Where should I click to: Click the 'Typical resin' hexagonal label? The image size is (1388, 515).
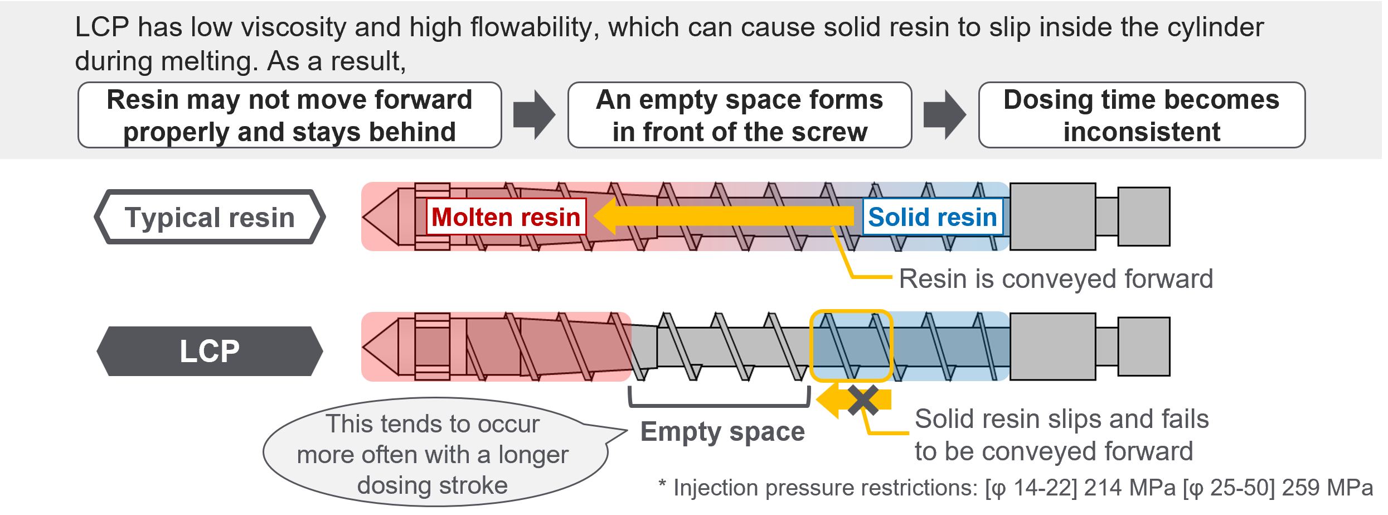coord(210,217)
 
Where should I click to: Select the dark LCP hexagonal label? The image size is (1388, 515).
coord(210,351)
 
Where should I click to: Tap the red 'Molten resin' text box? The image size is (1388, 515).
coord(506,217)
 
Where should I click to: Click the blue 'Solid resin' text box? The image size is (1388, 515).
coord(932,217)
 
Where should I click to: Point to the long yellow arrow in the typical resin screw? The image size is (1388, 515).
coord(725,216)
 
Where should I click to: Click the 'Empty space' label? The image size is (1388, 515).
coord(722,431)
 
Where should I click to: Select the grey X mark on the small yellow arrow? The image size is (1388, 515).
coord(862,400)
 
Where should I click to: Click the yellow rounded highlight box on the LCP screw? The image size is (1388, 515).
coord(851,346)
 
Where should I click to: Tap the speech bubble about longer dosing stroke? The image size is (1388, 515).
coord(433,454)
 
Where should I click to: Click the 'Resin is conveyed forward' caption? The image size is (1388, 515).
coord(1056,278)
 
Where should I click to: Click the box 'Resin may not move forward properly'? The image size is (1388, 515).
coord(289,115)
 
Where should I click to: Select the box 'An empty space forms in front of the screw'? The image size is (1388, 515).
coord(740,115)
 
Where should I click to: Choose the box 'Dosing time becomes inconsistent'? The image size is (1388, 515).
coord(1142,115)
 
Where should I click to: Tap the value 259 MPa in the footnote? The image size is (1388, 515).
coord(1327,488)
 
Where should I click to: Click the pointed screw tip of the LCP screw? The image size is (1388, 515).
coord(381,346)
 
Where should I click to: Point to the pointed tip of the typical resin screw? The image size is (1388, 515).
coord(381,216)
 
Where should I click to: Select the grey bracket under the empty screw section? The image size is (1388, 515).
coord(719,403)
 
